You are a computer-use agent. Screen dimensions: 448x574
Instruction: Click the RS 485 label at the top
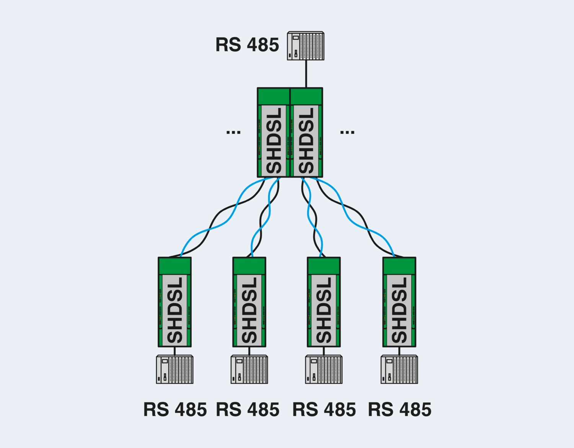(x=247, y=45)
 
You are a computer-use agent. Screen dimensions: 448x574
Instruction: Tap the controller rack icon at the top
(x=305, y=46)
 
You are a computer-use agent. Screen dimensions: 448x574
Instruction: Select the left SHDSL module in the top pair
(x=274, y=133)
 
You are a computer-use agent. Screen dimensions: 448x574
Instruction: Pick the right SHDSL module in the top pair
(x=306, y=133)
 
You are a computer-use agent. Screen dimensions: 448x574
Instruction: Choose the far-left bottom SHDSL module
(x=174, y=302)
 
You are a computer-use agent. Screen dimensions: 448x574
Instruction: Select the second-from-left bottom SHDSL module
(x=249, y=302)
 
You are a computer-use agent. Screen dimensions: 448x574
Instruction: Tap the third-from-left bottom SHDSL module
(x=324, y=302)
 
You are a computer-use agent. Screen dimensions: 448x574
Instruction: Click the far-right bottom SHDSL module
(x=399, y=302)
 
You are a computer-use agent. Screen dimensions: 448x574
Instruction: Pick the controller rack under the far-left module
(x=174, y=370)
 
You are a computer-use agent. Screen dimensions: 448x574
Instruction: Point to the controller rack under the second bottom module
(x=249, y=370)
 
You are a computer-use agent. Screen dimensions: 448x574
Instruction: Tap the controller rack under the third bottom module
(x=324, y=370)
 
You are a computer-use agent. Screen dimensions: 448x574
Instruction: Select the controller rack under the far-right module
(x=399, y=370)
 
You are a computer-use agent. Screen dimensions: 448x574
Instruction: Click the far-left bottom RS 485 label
(x=175, y=410)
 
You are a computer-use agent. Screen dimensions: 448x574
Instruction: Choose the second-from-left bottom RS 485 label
(x=248, y=410)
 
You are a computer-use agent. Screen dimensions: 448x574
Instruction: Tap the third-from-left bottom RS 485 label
(x=324, y=410)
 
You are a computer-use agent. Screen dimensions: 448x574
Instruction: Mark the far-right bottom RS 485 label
(x=400, y=410)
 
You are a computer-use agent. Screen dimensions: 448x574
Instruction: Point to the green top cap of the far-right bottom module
(x=399, y=266)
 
